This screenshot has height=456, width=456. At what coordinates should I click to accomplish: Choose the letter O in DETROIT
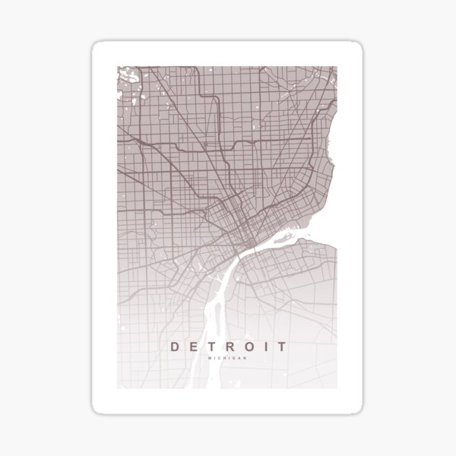pos(249,347)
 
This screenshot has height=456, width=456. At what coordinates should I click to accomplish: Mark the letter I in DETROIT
pos(266,347)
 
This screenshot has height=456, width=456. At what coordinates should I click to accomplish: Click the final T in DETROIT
pos(282,347)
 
